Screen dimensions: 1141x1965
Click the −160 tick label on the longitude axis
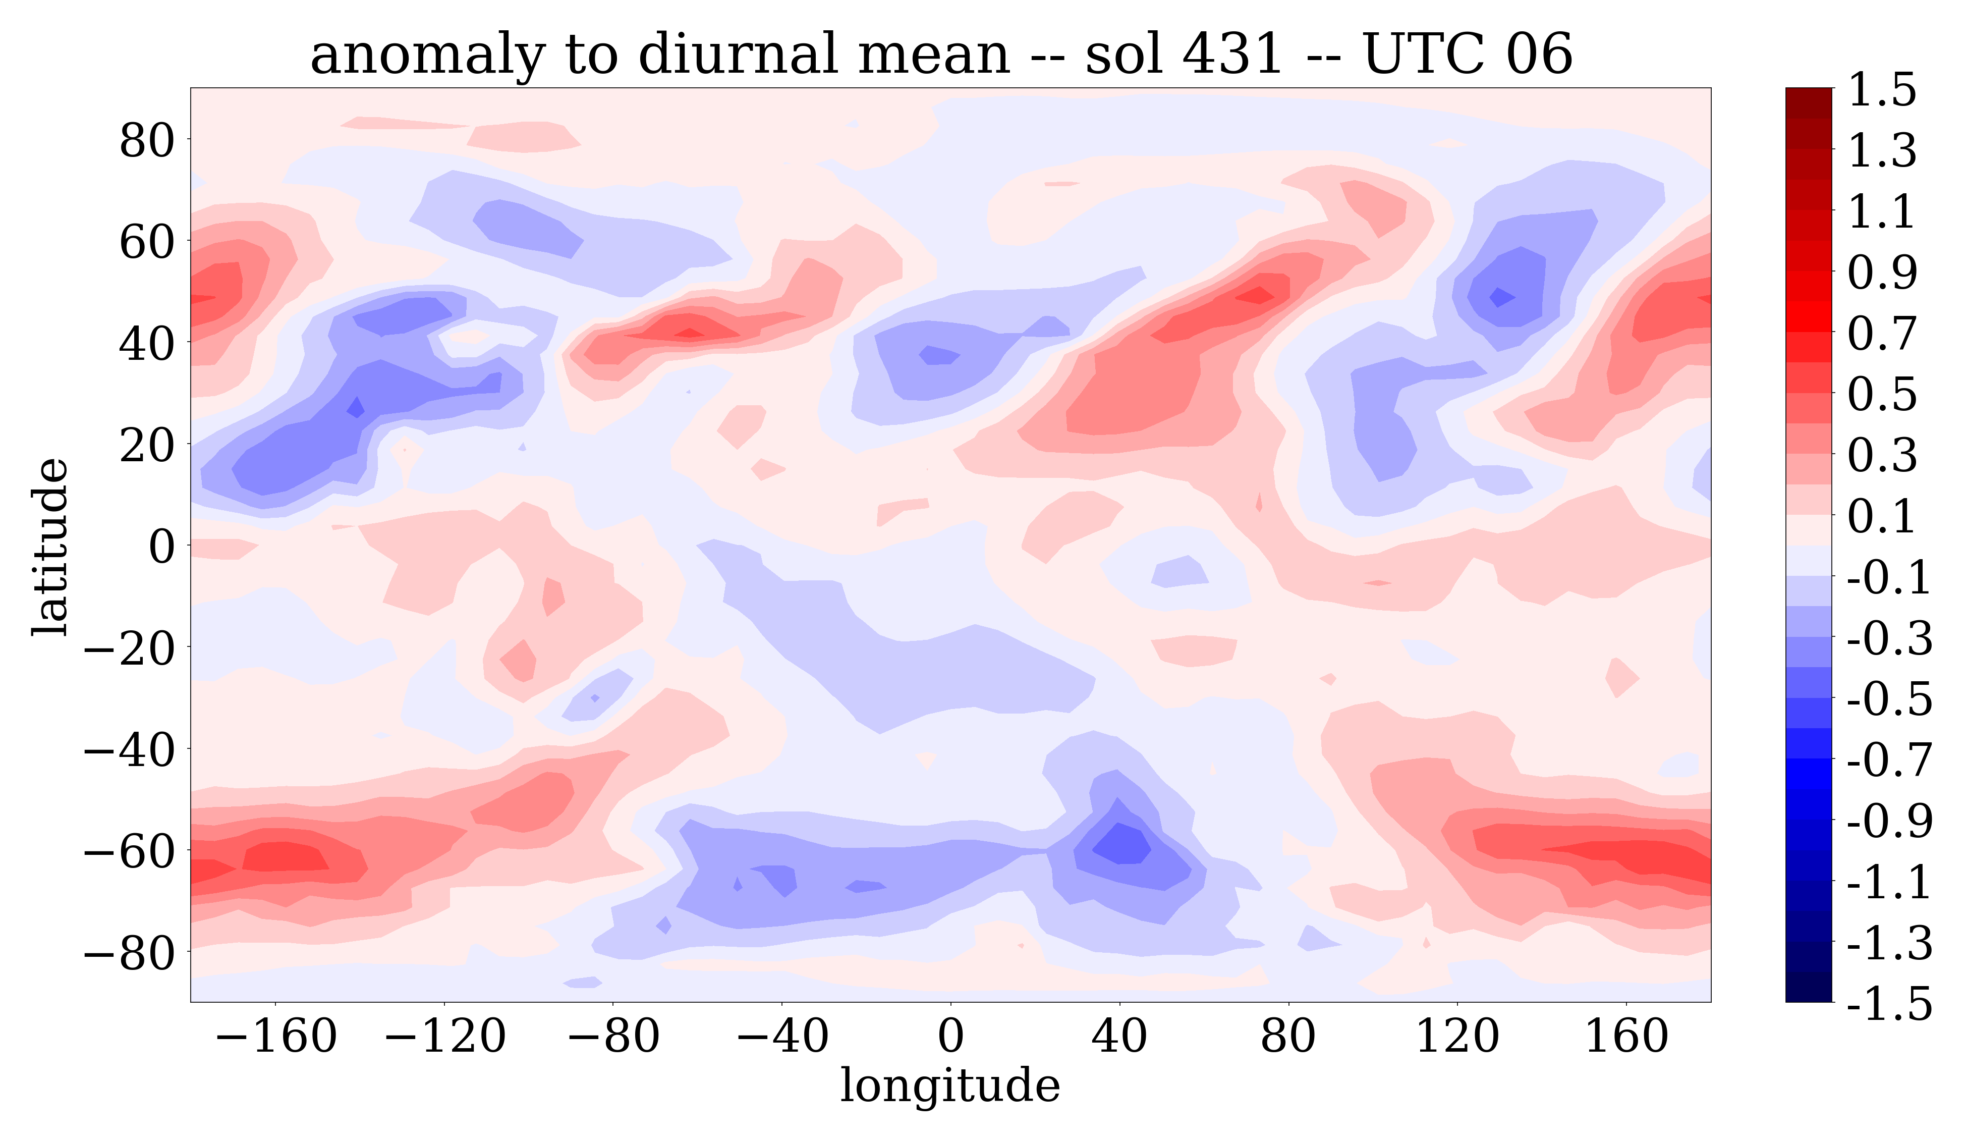pyautogui.click(x=275, y=1037)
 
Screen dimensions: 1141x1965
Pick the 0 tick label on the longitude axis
pyautogui.click(x=950, y=1037)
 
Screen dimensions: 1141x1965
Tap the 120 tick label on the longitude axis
pyautogui.click(x=1456, y=1037)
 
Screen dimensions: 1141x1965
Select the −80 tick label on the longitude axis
pyautogui.click(x=613, y=1037)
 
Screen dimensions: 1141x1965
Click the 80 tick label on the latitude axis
pyautogui.click(x=147, y=141)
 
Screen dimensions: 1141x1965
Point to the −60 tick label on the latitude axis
pyautogui.click(x=129, y=851)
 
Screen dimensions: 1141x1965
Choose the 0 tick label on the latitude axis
pyautogui.click(x=162, y=546)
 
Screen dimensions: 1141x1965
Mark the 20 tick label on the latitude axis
pyautogui.click(x=147, y=445)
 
